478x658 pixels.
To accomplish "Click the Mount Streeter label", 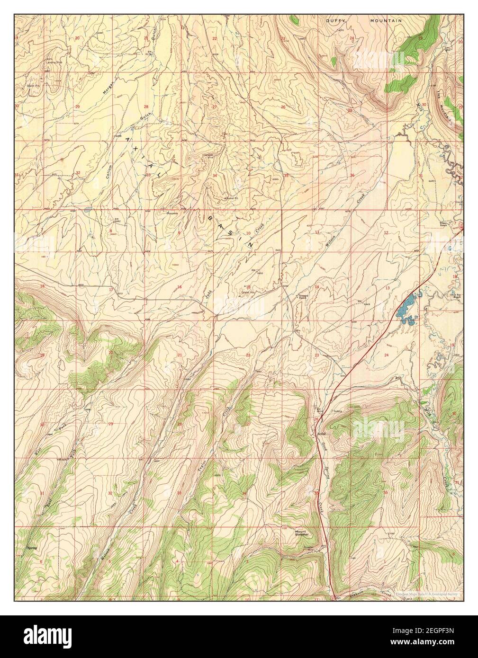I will click(302, 533).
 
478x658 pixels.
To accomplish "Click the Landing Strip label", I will click(53, 62).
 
